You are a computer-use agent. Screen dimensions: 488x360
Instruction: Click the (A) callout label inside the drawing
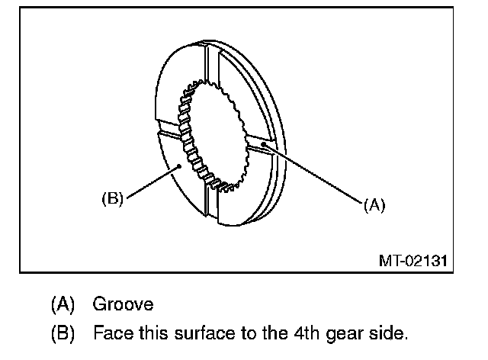[374, 204]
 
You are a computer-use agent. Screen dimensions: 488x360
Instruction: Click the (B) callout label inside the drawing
[112, 199]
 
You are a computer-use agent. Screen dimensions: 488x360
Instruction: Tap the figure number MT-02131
[413, 260]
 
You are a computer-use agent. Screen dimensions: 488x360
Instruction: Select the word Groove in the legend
[123, 304]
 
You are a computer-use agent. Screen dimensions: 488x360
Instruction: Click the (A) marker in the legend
[63, 304]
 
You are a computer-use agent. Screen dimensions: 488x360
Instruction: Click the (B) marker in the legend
[63, 333]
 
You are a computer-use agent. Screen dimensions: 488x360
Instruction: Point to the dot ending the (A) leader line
[264, 142]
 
